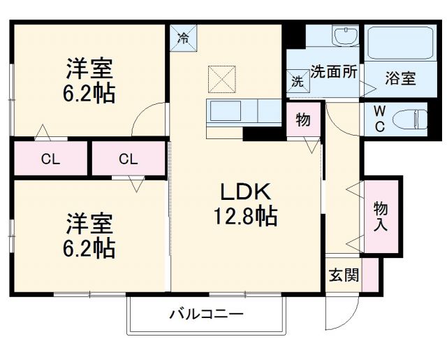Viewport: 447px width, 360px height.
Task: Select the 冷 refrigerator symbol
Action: [183, 36]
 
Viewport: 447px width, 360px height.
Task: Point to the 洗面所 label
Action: [334, 71]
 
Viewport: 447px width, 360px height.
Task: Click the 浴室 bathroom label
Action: [400, 78]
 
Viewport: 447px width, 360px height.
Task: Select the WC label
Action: [378, 118]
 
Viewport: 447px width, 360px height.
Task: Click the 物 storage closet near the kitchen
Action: [303, 120]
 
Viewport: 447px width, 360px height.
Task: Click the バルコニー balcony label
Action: [206, 315]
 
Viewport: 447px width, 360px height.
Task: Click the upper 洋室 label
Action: [90, 71]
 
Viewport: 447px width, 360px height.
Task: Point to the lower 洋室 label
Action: [90, 225]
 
